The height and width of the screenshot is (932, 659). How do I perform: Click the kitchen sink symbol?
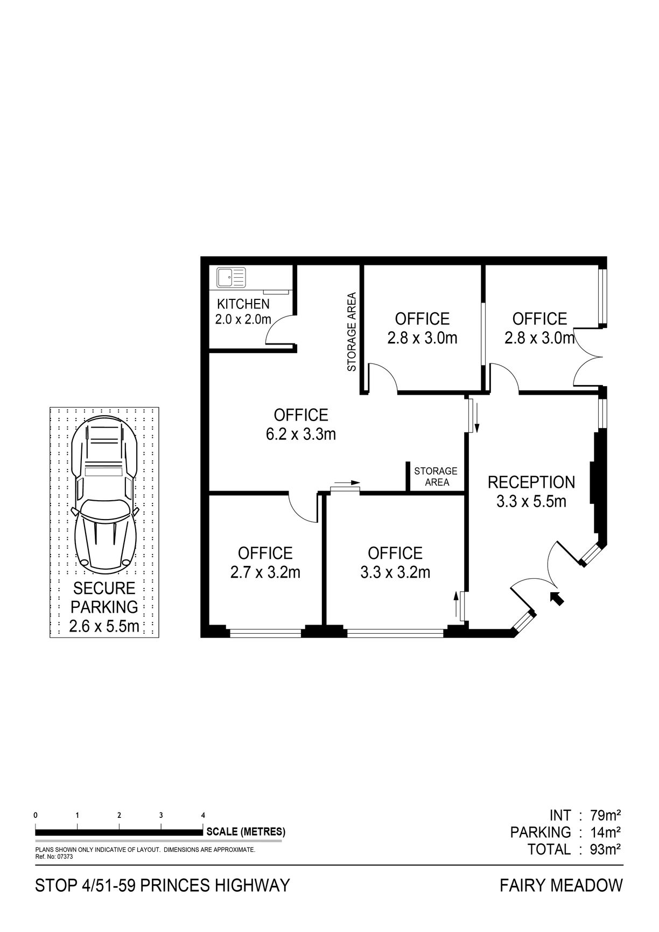[x=231, y=277]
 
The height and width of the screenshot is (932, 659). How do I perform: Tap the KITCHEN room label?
[x=243, y=304]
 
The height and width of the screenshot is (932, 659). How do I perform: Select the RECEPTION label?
[x=531, y=482]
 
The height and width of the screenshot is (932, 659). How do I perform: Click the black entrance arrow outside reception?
[x=557, y=598]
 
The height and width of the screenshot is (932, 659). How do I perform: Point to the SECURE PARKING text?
[x=104, y=597]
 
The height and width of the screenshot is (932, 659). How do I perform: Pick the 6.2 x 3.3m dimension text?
[x=301, y=434]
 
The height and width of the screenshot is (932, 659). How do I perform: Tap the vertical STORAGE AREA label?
[x=352, y=332]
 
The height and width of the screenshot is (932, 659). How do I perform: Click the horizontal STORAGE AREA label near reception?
[x=436, y=476]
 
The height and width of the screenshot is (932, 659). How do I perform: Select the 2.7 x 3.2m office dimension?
[x=265, y=572]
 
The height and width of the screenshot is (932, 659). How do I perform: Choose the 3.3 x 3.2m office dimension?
[x=395, y=572]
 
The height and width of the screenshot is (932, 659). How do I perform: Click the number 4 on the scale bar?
[x=203, y=815]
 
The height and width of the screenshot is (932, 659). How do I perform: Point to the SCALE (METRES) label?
[x=246, y=831]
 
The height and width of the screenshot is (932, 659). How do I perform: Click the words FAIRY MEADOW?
[x=561, y=885]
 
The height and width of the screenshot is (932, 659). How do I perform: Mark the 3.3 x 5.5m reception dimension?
[x=531, y=501]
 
